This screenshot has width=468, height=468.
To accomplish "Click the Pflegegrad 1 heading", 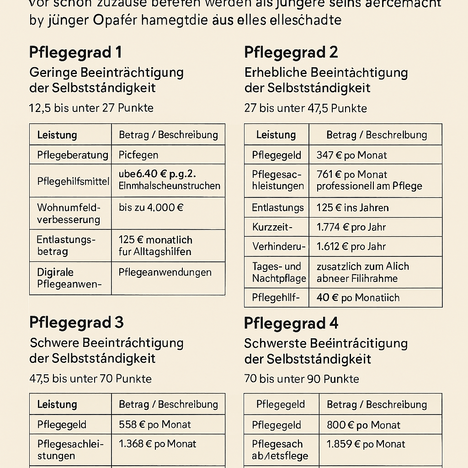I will pos(75,53).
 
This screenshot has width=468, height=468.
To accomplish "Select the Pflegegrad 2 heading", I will pos(291,53).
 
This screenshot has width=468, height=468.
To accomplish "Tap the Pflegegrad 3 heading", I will pos(76,323).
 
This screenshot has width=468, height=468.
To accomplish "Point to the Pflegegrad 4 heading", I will pos(291,324).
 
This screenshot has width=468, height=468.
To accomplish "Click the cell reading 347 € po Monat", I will pos(351,155).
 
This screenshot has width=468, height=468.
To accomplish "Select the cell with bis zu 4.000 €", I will pos(151,207).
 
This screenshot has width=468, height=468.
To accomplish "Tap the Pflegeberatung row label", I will pos(73,155).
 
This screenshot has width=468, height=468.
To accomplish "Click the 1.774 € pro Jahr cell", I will pos(351,227).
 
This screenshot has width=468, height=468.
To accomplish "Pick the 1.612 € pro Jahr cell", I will pos(351,247).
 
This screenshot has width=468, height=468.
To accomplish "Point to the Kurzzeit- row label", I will pos(272,227).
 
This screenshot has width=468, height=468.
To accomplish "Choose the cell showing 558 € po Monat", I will pos(154,425).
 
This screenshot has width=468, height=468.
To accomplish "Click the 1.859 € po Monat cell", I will pos(366,444).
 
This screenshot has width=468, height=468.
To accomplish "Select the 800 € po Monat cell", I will pos(363,425).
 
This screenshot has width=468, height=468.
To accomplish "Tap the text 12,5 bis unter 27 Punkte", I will pos(91,108).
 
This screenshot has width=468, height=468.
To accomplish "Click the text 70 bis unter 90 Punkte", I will pos(302,379).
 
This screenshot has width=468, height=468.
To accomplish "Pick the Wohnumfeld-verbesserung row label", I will pos(69,213).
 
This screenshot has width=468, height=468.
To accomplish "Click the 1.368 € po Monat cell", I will pos(157,444).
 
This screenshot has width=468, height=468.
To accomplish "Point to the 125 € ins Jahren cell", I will pos(352,208).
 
